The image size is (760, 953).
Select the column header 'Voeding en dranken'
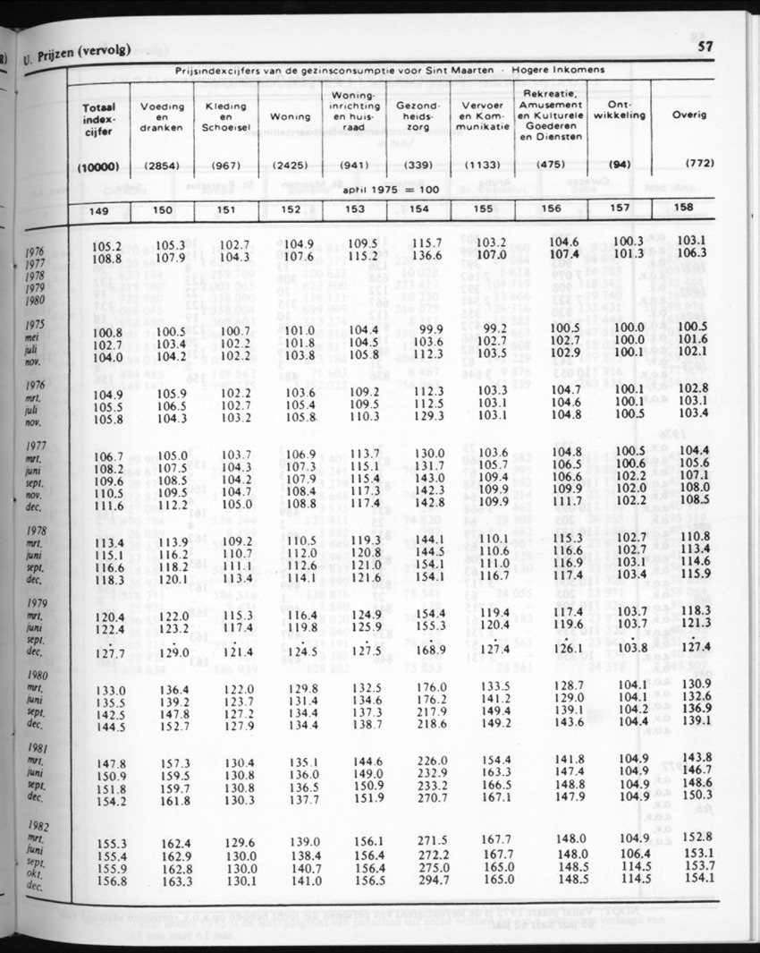tap(162, 116)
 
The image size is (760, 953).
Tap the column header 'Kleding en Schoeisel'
tap(225, 116)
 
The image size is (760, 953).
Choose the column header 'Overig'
tap(689, 115)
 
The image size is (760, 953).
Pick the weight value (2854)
tap(162, 166)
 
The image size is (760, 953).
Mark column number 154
tap(418, 208)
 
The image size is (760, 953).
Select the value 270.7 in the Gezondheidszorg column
tap(431, 796)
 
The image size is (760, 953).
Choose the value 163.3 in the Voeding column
tap(174, 880)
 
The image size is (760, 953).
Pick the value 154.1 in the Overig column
tap(702, 878)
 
